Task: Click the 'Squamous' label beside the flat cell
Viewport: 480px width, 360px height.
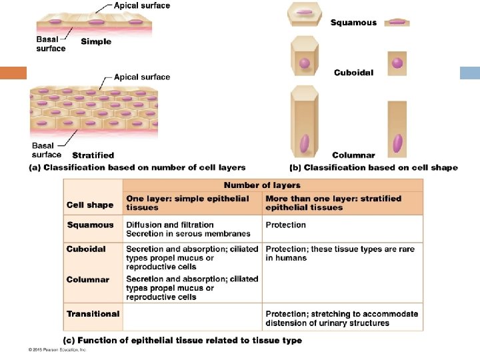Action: (353, 23)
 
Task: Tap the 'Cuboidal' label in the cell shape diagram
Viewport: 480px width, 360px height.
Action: (353, 73)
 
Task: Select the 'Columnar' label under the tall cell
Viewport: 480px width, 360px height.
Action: (353, 155)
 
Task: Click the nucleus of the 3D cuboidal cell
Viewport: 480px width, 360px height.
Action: (305, 64)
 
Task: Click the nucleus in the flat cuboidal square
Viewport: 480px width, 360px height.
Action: (397, 63)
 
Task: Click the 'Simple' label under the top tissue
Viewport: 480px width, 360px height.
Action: (96, 41)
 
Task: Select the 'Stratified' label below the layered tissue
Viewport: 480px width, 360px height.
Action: (93, 155)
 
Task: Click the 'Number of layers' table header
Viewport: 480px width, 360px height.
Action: (262, 185)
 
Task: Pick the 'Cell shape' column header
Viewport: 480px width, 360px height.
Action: (90, 205)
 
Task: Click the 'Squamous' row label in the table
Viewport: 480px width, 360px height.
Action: (90, 225)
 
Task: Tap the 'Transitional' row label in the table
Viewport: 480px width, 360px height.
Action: (93, 313)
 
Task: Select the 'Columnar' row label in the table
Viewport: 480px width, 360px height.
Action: (87, 279)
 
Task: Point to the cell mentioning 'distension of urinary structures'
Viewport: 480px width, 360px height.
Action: (341, 318)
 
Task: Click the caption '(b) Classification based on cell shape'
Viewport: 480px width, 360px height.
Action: (373, 168)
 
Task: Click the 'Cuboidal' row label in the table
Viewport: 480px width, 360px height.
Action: (86, 249)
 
